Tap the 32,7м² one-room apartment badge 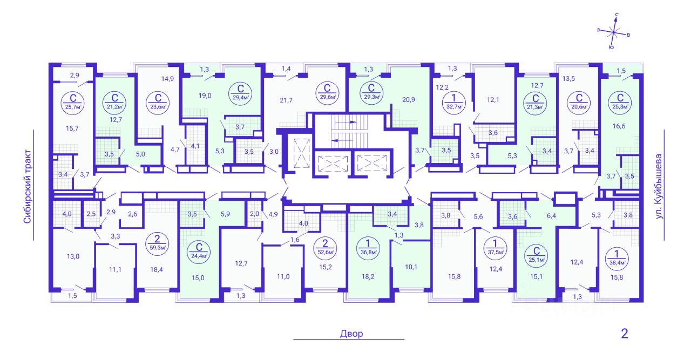tap(454, 101)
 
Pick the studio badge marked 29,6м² tap(327, 92)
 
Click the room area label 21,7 tap(286, 100)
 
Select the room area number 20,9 tap(409, 100)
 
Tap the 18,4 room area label tap(157, 270)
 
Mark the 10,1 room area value tap(411, 267)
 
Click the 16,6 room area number tap(619, 126)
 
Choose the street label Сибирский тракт tap(28, 186)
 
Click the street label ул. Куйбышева tap(659, 186)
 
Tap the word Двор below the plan tap(351, 334)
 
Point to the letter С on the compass tap(617, 15)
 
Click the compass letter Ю tap(611, 47)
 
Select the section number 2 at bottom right tap(625, 334)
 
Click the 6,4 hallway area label tap(551, 216)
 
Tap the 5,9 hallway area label tap(225, 214)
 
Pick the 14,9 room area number tap(167, 79)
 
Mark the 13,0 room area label tap(73, 256)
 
